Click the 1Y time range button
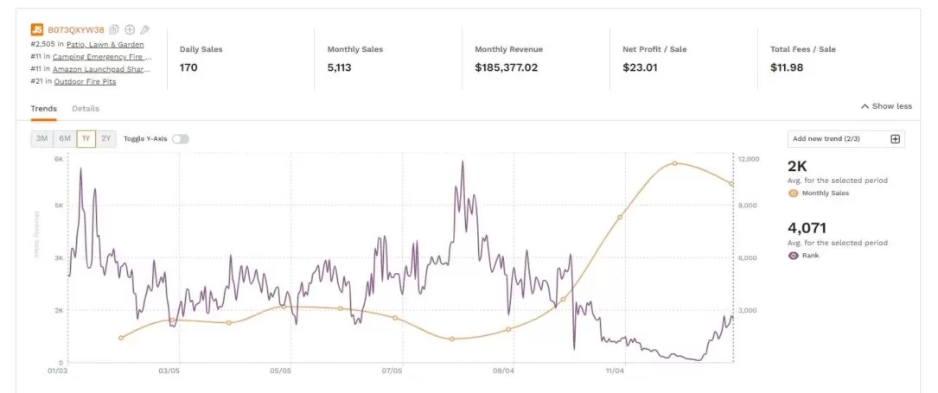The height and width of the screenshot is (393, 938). click(86, 139)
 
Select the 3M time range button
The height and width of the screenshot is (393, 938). click(41, 139)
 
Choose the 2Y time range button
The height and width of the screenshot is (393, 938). click(106, 139)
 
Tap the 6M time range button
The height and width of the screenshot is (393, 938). click(64, 139)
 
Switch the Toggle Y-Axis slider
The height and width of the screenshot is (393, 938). click(180, 139)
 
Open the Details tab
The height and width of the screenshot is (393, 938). click(86, 109)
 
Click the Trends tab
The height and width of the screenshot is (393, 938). click(43, 109)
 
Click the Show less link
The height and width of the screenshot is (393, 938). click(886, 106)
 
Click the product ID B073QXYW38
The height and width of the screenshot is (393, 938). click(75, 30)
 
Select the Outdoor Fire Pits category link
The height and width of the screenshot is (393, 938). click(85, 82)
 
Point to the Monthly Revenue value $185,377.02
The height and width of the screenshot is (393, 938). click(506, 67)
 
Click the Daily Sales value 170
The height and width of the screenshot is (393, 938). click(188, 67)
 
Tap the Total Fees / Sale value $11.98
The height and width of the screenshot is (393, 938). click(786, 67)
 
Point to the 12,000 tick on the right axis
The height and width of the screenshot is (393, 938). click(747, 160)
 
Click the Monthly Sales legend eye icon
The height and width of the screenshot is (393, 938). click(794, 193)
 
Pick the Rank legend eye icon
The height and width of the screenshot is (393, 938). click(794, 256)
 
